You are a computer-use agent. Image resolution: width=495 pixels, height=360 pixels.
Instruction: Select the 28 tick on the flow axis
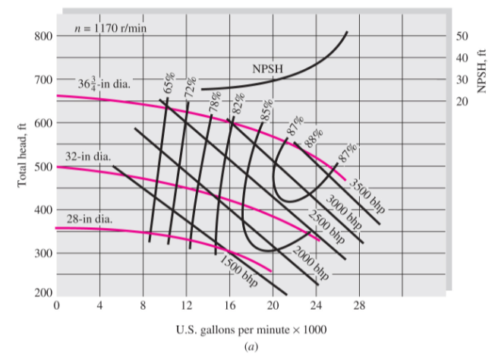click(359, 306)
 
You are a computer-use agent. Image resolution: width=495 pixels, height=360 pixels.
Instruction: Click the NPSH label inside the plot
click(267, 70)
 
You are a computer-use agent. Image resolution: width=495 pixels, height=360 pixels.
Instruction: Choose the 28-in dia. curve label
click(90, 219)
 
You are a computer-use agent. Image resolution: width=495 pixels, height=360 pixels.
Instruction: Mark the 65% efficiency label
click(169, 84)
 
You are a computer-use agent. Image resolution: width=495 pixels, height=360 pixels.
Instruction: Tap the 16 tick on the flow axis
click(229, 306)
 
